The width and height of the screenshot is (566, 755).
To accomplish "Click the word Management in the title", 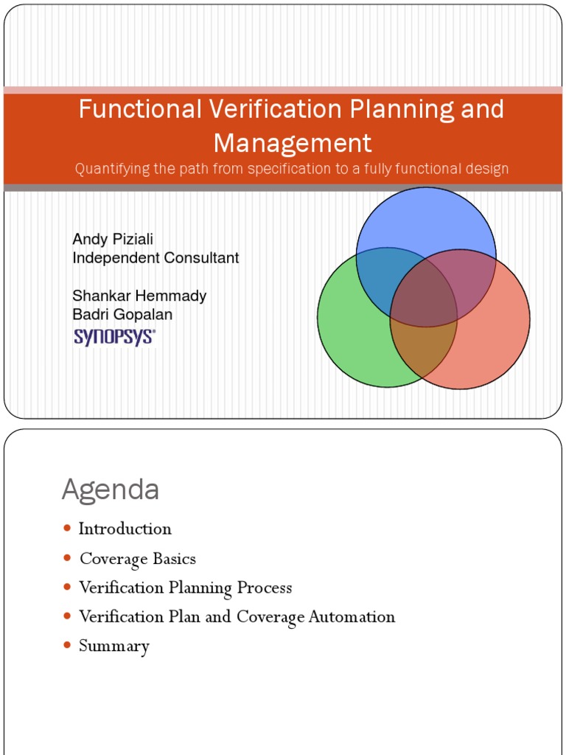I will pyautogui.click(x=293, y=142).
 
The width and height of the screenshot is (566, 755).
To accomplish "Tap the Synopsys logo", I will pyautogui.click(x=113, y=337).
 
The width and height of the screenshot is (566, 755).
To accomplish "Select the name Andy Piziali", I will pyautogui.click(x=113, y=239).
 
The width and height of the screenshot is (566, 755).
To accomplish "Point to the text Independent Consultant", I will pyautogui.click(x=156, y=258).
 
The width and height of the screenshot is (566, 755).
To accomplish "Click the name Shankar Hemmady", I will pyautogui.click(x=139, y=296).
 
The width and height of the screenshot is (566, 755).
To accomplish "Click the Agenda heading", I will pyautogui.click(x=111, y=490).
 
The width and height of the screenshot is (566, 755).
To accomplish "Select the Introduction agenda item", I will pyautogui.click(x=125, y=529).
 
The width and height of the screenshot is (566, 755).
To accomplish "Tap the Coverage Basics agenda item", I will pyautogui.click(x=138, y=558).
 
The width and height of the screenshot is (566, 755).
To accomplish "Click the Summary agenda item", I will pyautogui.click(x=114, y=646).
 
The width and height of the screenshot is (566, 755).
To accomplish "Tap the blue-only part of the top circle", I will pyautogui.click(x=426, y=218).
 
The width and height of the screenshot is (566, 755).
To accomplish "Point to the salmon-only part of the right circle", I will pyautogui.click(x=494, y=339).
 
